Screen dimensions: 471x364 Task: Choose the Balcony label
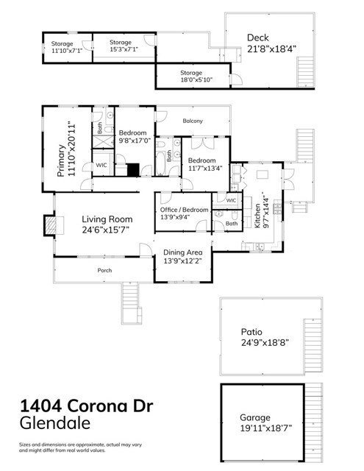[x=192, y=121]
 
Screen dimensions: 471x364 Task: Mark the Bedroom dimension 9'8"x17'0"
[x=135, y=141]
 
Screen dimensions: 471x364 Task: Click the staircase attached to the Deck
[x=304, y=74]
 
